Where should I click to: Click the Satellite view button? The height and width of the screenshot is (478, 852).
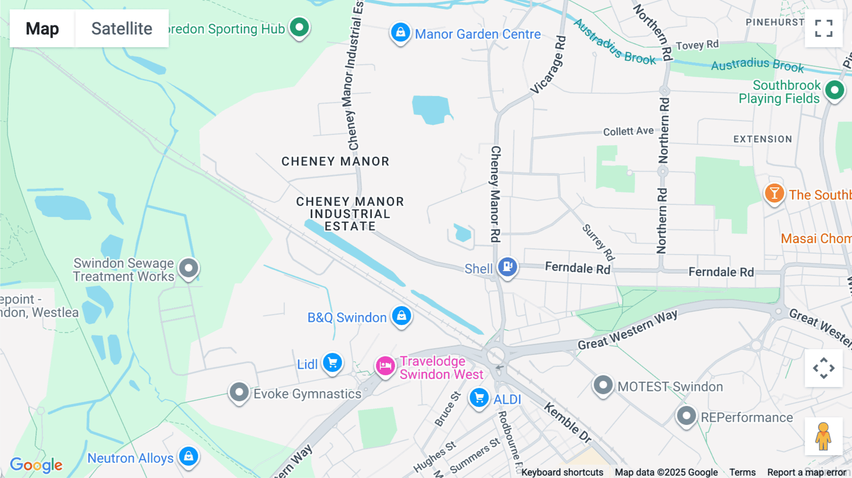(x=122, y=28)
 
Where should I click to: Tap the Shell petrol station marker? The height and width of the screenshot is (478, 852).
(x=507, y=267)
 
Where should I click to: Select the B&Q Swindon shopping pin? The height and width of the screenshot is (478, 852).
(x=401, y=316)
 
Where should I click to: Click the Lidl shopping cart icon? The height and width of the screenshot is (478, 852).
(x=333, y=363)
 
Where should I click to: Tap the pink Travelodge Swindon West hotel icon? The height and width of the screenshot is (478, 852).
(x=385, y=366)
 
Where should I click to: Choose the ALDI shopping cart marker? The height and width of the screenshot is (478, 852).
(x=479, y=398)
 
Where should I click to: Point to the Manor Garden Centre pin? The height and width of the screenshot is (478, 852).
(x=400, y=33)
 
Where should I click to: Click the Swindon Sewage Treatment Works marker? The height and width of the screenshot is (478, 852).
(x=189, y=268)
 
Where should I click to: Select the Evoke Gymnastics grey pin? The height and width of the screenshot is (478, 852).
(x=239, y=392)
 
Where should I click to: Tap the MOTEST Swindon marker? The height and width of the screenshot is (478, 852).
(x=603, y=385)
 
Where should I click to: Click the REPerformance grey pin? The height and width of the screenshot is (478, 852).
(x=686, y=416)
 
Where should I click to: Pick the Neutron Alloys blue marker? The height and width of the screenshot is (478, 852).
(x=188, y=456)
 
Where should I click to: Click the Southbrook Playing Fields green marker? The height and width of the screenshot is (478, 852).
(x=834, y=90)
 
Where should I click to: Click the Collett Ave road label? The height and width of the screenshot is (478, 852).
(x=628, y=131)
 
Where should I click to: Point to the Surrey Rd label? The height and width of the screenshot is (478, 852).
(x=598, y=242)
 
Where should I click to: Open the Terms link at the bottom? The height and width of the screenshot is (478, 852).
(x=742, y=472)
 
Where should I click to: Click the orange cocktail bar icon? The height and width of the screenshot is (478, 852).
(x=774, y=193)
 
